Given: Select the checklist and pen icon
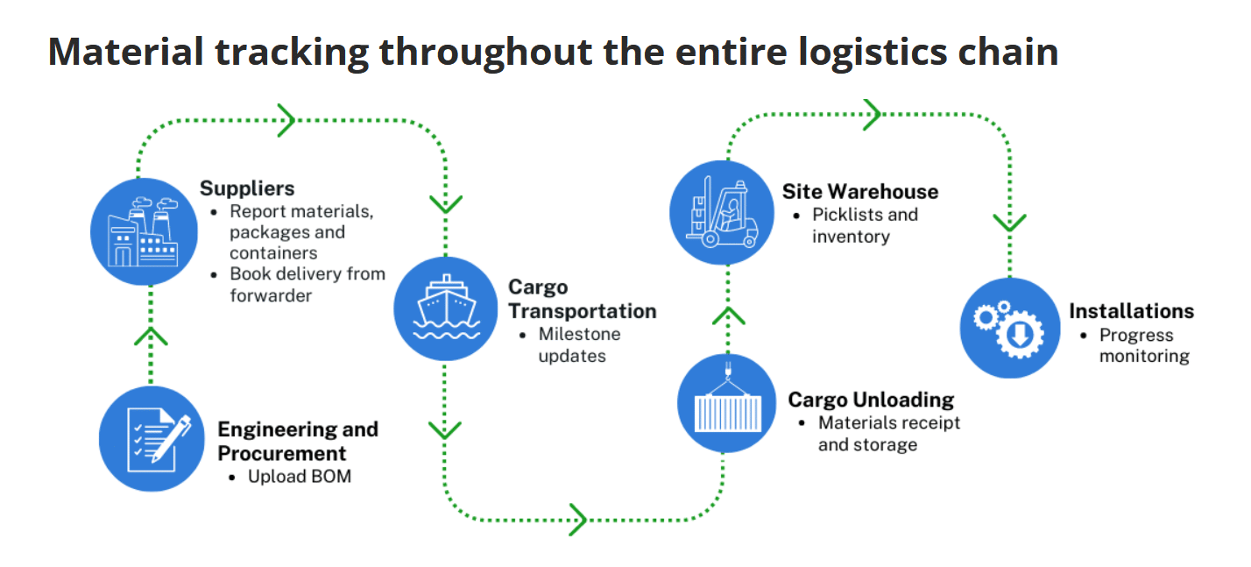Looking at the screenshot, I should [x=150, y=438].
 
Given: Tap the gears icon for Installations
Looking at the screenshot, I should [x=1010, y=328].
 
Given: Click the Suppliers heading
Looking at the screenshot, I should [x=247, y=188].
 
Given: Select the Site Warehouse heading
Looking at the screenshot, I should [x=859, y=191].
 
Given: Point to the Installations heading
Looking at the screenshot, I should [x=1131, y=311].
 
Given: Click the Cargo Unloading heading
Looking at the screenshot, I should [x=871, y=400].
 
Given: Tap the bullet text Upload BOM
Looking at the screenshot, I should [x=299, y=477].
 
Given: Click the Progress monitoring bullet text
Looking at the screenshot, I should [x=1144, y=345].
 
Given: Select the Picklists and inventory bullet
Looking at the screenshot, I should [x=864, y=225].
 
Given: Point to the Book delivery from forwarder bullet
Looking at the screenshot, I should [x=307, y=285].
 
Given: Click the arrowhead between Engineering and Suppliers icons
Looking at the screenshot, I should [x=151, y=336].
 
